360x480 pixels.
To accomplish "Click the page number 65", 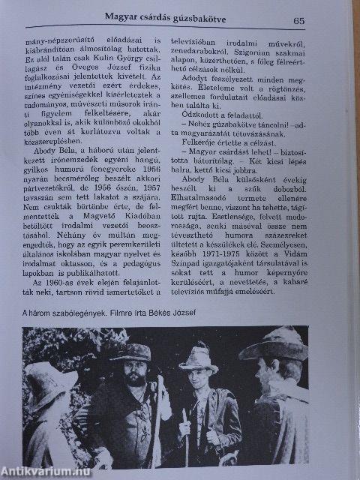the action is (x=298, y=22).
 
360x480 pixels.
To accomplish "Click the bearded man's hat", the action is (x=131, y=351).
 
